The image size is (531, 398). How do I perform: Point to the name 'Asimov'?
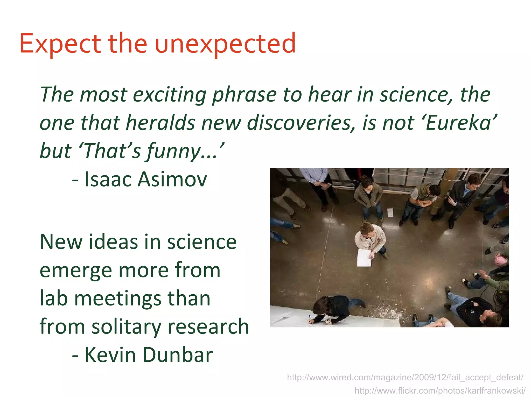(x=172, y=179)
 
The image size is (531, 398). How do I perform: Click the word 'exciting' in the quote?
(x=170, y=95)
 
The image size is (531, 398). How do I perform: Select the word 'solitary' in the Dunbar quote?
(x=126, y=326)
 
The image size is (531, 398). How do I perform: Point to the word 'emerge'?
(x=76, y=271)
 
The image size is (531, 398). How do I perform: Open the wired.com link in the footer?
(x=405, y=378)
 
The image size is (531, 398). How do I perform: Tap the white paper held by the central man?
(x=364, y=258)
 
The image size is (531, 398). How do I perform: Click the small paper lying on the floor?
(x=390, y=212)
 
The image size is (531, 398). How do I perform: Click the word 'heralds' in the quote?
(x=160, y=123)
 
